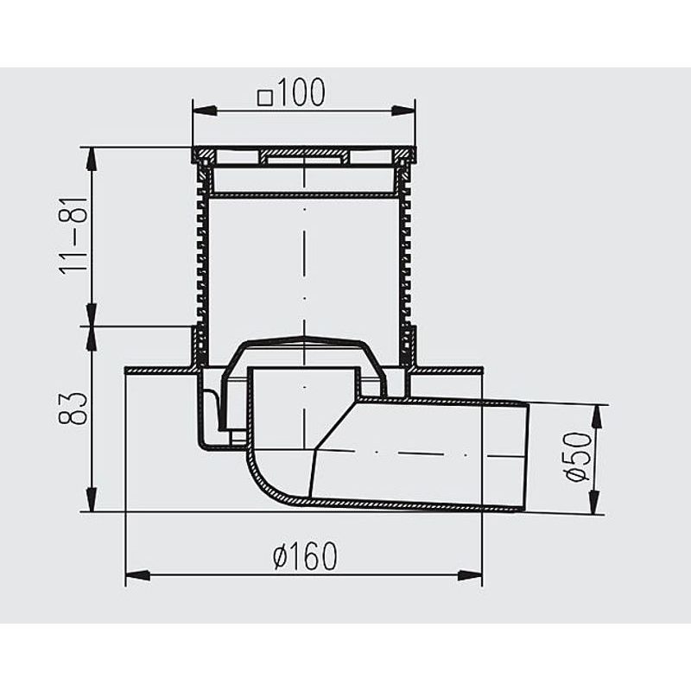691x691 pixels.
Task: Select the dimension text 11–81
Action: coord(77,236)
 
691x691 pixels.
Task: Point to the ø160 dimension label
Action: coord(303,558)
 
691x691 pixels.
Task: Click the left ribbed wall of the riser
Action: coord(202,259)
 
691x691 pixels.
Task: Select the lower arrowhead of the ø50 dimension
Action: coord(594,504)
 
